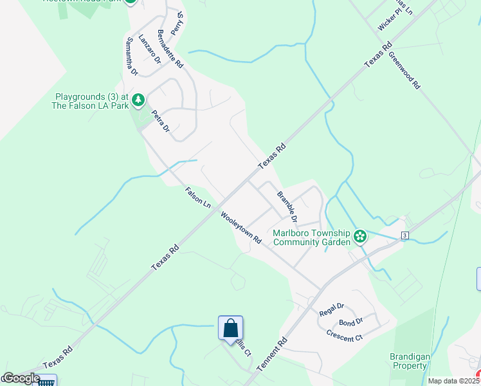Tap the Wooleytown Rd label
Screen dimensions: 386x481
[241, 227]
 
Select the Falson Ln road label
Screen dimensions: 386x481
[197, 197]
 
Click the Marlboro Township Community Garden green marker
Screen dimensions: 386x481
[360, 237]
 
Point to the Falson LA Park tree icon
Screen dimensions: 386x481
[138, 100]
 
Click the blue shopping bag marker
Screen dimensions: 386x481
[230, 329]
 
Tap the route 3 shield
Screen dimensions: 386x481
[404, 235]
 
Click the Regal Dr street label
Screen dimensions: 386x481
[332, 309]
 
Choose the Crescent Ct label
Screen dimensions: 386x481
[345, 335]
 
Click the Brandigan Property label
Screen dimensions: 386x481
[409, 361]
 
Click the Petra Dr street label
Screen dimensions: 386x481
[160, 122]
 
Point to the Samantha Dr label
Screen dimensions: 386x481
[132, 56]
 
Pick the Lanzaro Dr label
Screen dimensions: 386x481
[149, 49]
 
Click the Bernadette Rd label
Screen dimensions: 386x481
[170, 49]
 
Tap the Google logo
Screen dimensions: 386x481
[21, 378]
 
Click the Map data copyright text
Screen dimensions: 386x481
[454, 381]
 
